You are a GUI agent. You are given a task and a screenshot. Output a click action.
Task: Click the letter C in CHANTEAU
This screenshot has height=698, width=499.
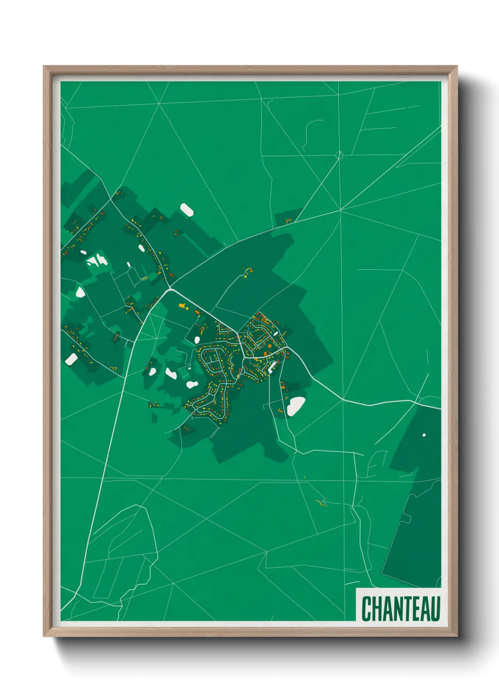(x=366, y=608)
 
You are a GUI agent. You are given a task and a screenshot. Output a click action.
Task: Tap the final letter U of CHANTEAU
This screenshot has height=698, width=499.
(x=435, y=608)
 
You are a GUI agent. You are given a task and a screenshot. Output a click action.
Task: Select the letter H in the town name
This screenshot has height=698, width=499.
(x=376, y=608)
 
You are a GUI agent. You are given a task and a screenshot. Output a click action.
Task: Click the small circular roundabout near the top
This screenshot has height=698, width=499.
(x=339, y=155)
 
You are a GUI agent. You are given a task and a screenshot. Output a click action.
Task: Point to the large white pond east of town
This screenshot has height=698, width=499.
(x=296, y=406)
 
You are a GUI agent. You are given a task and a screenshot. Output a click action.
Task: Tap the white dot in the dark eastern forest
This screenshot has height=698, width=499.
(x=424, y=435)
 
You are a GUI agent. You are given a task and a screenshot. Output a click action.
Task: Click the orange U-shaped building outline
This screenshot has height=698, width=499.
(x=289, y=221)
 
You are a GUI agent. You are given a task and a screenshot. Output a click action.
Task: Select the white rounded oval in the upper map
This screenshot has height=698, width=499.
(x=186, y=209)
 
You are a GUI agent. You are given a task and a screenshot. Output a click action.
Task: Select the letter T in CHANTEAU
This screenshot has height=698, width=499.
(x=405, y=608)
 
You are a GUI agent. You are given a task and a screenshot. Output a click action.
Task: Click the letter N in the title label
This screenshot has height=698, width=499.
(x=396, y=608)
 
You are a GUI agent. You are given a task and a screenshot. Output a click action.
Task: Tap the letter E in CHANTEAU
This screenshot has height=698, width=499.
(x=415, y=608)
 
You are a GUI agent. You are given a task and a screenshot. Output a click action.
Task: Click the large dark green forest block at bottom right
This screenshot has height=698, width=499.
(x=415, y=528)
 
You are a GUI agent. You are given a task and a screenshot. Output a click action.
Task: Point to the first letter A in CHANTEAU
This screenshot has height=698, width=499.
(x=386, y=608)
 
